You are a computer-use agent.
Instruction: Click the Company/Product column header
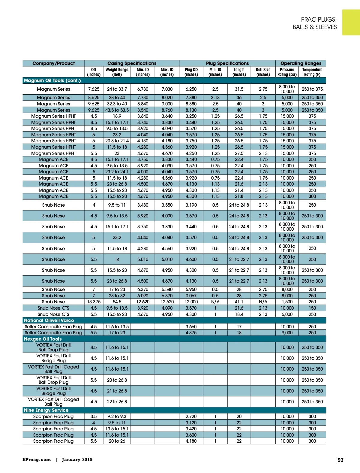click(x=53, y=63)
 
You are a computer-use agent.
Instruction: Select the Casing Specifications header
click(x=132, y=63)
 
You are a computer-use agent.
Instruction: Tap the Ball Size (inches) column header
click(x=263, y=72)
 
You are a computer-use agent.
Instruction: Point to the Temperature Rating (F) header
click(x=312, y=72)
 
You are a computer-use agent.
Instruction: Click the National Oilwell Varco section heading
click(x=49, y=320)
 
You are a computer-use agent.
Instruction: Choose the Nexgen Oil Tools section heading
click(x=43, y=339)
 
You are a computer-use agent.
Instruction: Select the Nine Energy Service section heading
click(x=46, y=410)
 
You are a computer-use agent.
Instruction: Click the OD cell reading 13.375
click(x=94, y=302)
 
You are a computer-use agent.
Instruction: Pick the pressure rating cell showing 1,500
click(x=287, y=302)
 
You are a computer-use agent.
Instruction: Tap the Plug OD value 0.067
click(x=191, y=296)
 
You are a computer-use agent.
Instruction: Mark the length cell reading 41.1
click(x=239, y=302)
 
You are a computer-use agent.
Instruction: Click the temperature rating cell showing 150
click(x=312, y=308)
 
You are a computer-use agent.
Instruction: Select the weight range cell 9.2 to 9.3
click(x=117, y=417)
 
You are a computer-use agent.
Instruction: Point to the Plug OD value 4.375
click(x=191, y=333)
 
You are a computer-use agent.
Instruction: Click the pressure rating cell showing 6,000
click(x=287, y=314)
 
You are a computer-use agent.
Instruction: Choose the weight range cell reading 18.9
click(x=117, y=116)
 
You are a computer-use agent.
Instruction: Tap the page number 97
click(x=340, y=460)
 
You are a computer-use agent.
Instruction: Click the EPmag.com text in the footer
click(x=37, y=459)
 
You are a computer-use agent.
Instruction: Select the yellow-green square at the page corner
click(x=351, y=23)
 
